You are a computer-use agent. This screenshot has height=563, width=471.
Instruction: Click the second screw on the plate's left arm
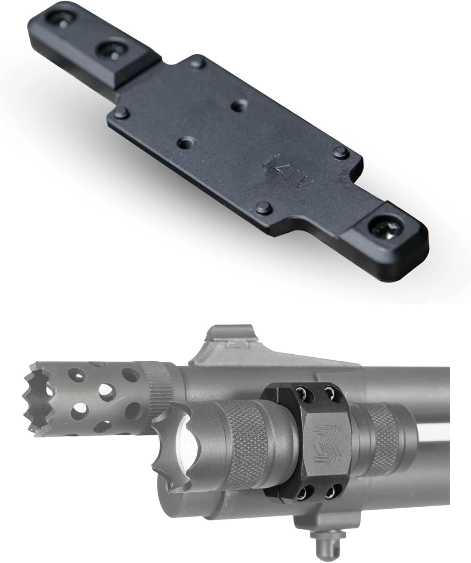(x=109, y=50)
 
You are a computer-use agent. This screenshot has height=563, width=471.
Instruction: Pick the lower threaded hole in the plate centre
(x=185, y=143)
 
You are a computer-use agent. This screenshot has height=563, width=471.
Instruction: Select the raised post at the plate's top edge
(x=198, y=63)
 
